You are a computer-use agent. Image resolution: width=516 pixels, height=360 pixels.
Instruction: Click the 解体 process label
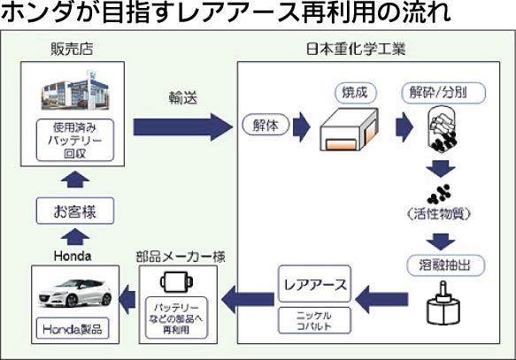[x=266, y=126]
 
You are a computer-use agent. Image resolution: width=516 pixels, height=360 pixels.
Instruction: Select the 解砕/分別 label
[x=443, y=93]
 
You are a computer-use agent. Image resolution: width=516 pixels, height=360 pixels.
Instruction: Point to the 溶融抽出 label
[x=445, y=265]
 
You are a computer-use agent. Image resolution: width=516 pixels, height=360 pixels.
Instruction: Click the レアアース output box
[x=314, y=284]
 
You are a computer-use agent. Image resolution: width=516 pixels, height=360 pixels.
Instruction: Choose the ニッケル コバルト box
[x=314, y=320]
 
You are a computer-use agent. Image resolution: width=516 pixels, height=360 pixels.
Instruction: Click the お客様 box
[x=75, y=211]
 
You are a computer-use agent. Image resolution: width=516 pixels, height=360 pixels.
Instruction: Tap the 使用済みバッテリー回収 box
[x=75, y=140]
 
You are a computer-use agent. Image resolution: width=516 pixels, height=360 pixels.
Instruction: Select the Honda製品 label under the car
[x=73, y=329]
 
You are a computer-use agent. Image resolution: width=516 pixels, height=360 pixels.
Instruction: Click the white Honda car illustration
[x=75, y=293]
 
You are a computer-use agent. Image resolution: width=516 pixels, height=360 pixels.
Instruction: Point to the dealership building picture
[x=75, y=90]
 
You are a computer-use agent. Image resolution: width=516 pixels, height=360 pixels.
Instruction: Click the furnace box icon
[x=349, y=129]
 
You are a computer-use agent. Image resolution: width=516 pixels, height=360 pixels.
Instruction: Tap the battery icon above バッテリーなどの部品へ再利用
[x=176, y=282]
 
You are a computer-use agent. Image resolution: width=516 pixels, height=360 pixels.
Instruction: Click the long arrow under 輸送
[x=182, y=126]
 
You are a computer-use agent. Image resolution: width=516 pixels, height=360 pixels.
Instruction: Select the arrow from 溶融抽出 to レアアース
[x=381, y=299]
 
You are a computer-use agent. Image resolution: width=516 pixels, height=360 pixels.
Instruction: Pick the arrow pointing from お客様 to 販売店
[x=75, y=180]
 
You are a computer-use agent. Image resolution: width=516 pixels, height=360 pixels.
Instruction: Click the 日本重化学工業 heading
[x=356, y=50]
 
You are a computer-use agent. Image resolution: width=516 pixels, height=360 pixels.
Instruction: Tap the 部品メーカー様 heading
[x=181, y=257]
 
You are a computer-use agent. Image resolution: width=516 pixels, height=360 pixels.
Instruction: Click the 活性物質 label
[x=439, y=214]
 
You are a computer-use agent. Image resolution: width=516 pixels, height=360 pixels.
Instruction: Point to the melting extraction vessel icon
[x=443, y=303]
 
